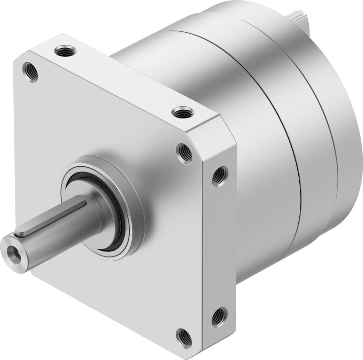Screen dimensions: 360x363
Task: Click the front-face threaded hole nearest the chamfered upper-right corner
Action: [x=184, y=153]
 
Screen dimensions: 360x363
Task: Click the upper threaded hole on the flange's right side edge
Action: [x=220, y=175]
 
